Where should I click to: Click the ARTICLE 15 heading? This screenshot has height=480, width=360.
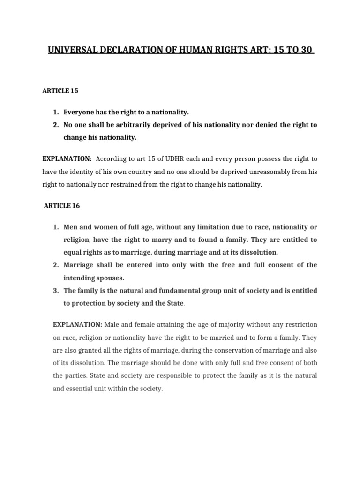60,90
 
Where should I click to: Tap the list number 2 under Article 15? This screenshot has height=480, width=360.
55,125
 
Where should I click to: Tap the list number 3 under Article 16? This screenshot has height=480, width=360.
55,291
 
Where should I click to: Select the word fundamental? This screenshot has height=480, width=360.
180,291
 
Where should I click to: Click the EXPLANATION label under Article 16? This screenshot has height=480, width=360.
77,324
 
